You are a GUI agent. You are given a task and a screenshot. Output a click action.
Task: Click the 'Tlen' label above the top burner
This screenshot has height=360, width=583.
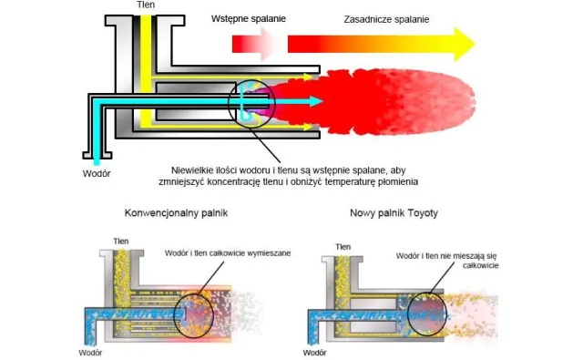click(x=146, y=5)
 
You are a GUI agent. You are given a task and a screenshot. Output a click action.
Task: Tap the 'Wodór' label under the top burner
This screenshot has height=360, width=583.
click(x=97, y=173)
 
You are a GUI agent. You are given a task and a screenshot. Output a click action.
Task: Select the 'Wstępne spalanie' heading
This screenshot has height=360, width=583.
click(x=249, y=19)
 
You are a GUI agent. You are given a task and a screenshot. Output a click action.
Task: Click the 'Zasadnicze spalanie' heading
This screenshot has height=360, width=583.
click(x=386, y=19)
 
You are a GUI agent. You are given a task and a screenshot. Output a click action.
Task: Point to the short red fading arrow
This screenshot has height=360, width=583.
click(x=253, y=44)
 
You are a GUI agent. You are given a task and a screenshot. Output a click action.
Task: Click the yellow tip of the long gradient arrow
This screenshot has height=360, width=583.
click(x=475, y=44)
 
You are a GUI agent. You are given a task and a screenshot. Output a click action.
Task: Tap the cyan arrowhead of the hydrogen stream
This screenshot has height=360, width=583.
click(x=316, y=101)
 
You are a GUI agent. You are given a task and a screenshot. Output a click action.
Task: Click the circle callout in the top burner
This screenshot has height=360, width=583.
click(x=229, y=104)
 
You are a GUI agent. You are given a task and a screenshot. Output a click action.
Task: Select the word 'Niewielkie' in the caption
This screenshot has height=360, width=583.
click(x=189, y=170)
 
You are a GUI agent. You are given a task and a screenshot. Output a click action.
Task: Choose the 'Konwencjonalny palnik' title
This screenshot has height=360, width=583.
click(x=176, y=213)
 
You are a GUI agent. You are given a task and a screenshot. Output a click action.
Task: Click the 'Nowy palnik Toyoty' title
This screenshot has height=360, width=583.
click(x=394, y=213)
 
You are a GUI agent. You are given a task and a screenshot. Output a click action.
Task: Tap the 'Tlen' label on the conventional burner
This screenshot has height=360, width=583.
click(x=121, y=242)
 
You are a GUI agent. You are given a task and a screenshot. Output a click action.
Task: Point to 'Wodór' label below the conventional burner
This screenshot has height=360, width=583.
click(x=90, y=353)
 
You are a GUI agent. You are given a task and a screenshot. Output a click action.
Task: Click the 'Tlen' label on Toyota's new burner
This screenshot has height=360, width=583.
click(x=343, y=247)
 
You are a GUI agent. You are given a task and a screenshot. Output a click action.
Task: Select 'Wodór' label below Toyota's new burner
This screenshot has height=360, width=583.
click(x=314, y=353)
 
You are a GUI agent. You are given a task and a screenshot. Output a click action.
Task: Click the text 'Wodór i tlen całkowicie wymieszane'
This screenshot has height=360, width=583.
click(x=228, y=253)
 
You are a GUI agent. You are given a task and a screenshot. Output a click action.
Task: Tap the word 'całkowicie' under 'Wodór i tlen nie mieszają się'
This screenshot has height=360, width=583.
click(x=480, y=265)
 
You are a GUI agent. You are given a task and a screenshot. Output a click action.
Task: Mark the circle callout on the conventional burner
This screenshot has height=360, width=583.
click(x=175, y=314)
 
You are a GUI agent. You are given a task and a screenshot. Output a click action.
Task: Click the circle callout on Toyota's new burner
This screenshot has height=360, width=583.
click(x=408, y=314)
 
